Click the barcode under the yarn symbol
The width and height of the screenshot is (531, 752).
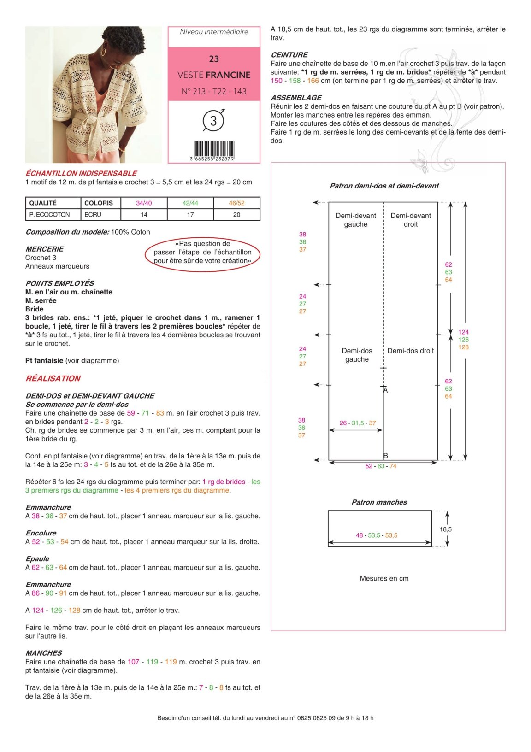(x=214, y=150)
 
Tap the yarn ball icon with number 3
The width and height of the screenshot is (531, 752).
(x=213, y=120)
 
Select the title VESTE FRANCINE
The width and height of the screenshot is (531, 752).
(x=214, y=75)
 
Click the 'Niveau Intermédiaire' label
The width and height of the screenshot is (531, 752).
(x=214, y=32)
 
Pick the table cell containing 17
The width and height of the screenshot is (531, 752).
(x=190, y=215)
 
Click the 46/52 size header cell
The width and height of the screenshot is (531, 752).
(x=237, y=203)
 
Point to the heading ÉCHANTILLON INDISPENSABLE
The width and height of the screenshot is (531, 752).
(x=81, y=173)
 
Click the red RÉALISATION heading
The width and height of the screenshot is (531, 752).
(x=53, y=378)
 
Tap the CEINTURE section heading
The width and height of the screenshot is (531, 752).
(x=289, y=55)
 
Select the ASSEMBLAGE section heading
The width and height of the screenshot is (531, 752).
(x=296, y=98)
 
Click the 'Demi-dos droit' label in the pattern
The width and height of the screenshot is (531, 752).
(x=410, y=351)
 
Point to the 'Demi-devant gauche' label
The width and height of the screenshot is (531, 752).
(x=356, y=220)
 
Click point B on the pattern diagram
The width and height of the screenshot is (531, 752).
(x=385, y=456)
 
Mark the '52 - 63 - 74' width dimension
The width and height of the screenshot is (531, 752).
(x=381, y=466)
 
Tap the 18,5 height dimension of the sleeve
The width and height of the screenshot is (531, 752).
(x=446, y=529)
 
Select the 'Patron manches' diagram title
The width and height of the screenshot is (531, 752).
(x=379, y=502)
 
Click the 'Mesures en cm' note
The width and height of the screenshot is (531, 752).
(x=384, y=578)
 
